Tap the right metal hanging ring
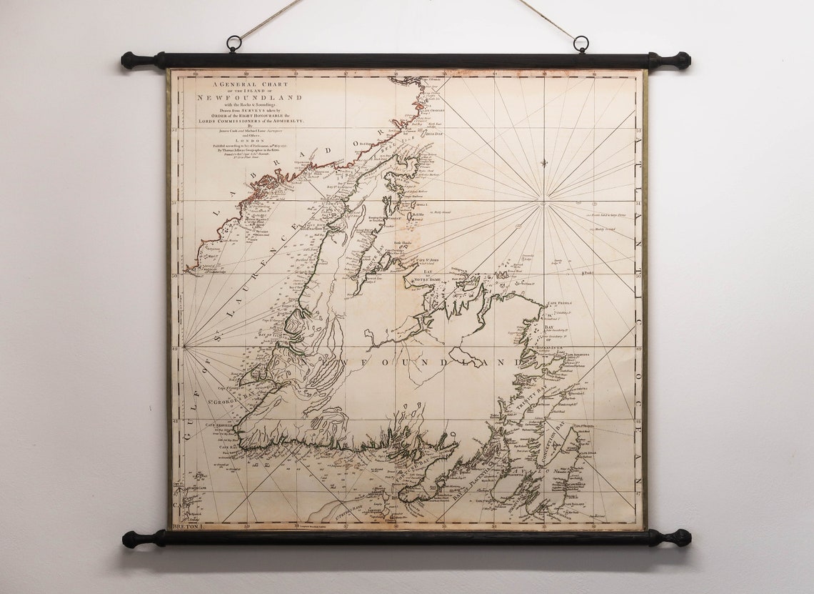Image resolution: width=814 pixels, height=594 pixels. click(581, 44)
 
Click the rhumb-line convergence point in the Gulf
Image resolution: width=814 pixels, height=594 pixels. click(184, 348)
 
